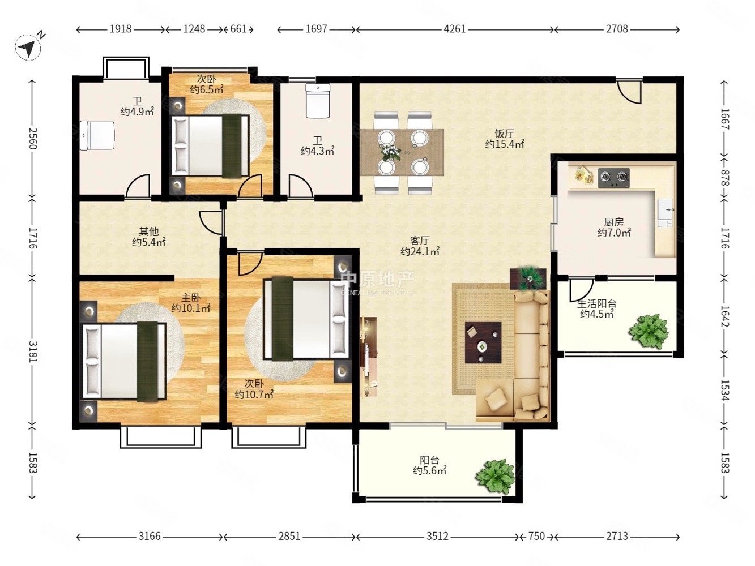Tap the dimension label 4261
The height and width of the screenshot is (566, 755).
(454, 29)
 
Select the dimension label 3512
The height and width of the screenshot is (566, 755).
(437, 536)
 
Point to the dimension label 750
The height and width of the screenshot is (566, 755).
(536, 536)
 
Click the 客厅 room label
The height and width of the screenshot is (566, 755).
(420, 239)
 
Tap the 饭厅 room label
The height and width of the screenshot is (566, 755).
(504, 133)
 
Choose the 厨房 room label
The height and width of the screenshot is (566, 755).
(614, 222)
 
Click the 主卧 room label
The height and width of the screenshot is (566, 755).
(191, 297)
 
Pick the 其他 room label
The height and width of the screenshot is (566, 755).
(148, 231)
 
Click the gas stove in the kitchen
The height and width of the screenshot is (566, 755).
(613, 178)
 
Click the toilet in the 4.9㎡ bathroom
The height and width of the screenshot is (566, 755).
(98, 135)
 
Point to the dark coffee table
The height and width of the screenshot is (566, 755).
(483, 342)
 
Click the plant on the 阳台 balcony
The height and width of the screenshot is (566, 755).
(494, 477)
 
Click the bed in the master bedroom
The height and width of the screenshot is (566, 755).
(124, 361)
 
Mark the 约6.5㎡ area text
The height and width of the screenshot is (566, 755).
(207, 89)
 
